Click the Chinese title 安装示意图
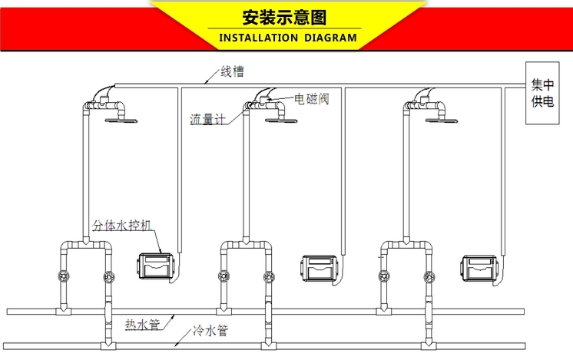(284, 17)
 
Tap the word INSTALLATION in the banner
(258, 38)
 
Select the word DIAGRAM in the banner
(330, 38)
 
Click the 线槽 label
(232, 71)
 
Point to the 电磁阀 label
(312, 98)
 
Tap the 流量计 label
(207, 120)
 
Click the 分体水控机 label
(121, 225)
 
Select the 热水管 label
(143, 324)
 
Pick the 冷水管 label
(211, 331)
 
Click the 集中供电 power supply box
(542, 93)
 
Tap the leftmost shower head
(121, 120)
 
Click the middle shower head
(281, 120)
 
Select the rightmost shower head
(442, 120)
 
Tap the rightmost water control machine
(479, 269)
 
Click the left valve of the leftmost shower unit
(64, 276)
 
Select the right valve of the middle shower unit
(268, 277)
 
